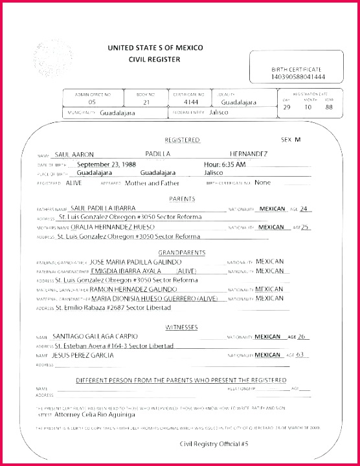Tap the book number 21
coord(146,102)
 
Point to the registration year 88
coord(329,107)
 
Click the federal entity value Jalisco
coord(219,112)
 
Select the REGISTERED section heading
coord(182,140)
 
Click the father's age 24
coord(304,208)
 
